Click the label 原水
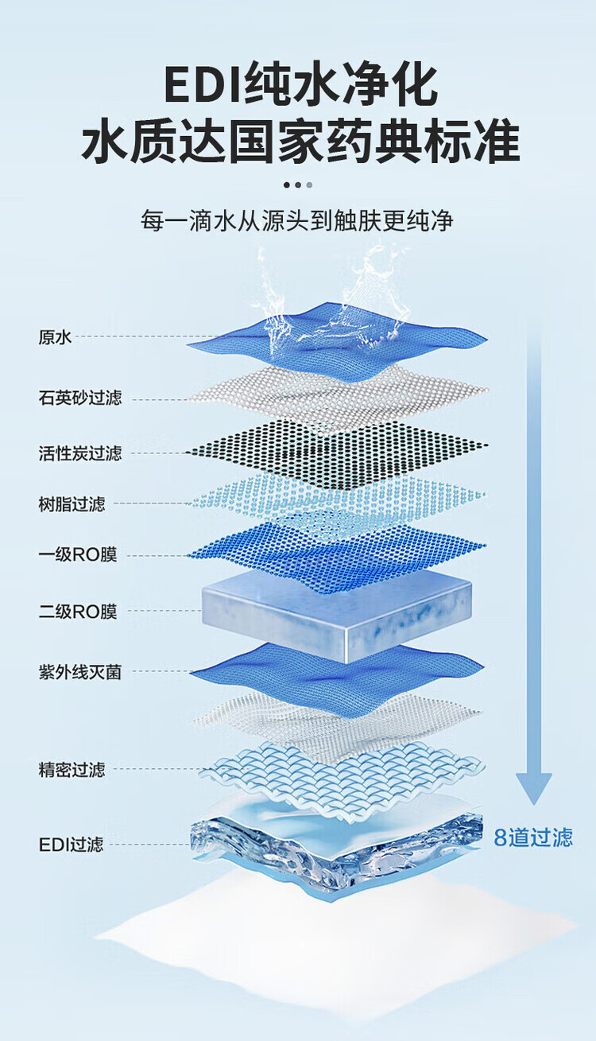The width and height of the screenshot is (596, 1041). pos(55,337)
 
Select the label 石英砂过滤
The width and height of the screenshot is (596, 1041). pos(80,398)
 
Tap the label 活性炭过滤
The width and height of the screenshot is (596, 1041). pos(80,453)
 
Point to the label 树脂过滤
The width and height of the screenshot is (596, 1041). pos(72,503)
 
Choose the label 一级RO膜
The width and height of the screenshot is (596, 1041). pos(77,555)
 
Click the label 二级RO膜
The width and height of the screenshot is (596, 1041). pos(77,612)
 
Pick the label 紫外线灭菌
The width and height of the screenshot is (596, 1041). pos(80,672)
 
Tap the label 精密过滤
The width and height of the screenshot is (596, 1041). pos(72,769)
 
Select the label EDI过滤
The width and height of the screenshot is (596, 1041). pos(71,845)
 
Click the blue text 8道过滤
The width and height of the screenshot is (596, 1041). pos(533,837)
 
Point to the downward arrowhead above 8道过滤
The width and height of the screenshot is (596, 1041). pos(533,787)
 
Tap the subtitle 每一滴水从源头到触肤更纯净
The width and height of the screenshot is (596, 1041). pos(297,220)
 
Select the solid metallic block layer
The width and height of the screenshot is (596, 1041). pos(338,612)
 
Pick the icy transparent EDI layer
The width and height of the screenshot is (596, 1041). pos(338,847)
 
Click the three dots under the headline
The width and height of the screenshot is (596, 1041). pos(298,185)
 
